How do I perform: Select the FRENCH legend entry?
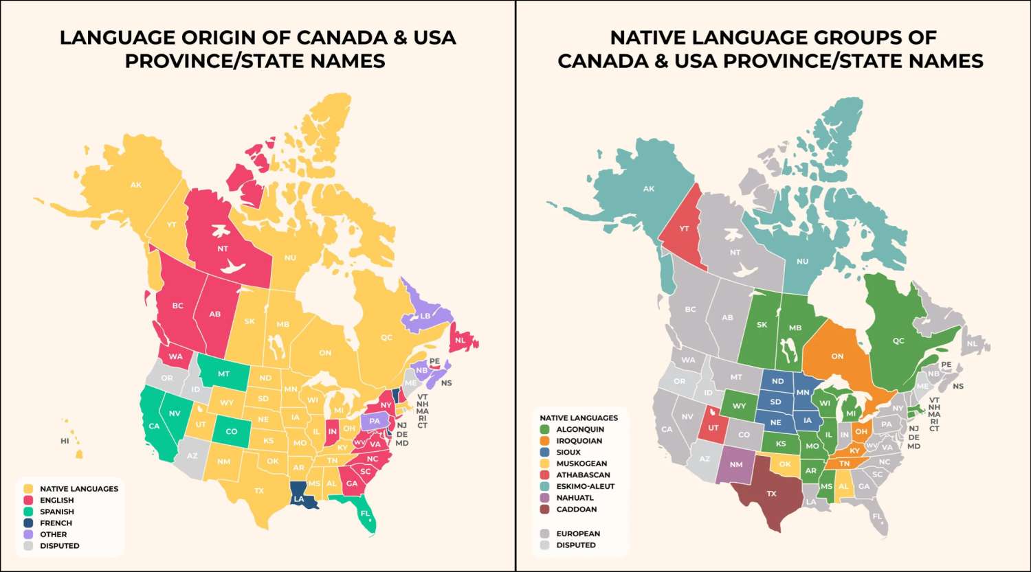point(56,523)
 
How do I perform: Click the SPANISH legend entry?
point(56,512)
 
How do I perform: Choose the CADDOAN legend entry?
point(576,509)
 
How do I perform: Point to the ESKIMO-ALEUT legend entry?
point(585,486)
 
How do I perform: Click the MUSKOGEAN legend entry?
point(581,464)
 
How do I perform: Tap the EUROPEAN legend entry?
point(577,534)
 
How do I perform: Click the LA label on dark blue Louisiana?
point(299,499)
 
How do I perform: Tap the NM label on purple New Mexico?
point(736,464)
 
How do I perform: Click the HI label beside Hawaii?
point(65,441)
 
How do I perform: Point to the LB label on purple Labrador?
point(425,316)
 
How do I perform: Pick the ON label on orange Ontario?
point(837,356)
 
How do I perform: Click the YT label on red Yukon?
point(684,229)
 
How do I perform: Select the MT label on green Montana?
point(223,374)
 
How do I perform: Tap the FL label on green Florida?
point(365,513)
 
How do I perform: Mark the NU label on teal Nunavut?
point(802,262)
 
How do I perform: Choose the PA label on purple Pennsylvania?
point(374,421)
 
